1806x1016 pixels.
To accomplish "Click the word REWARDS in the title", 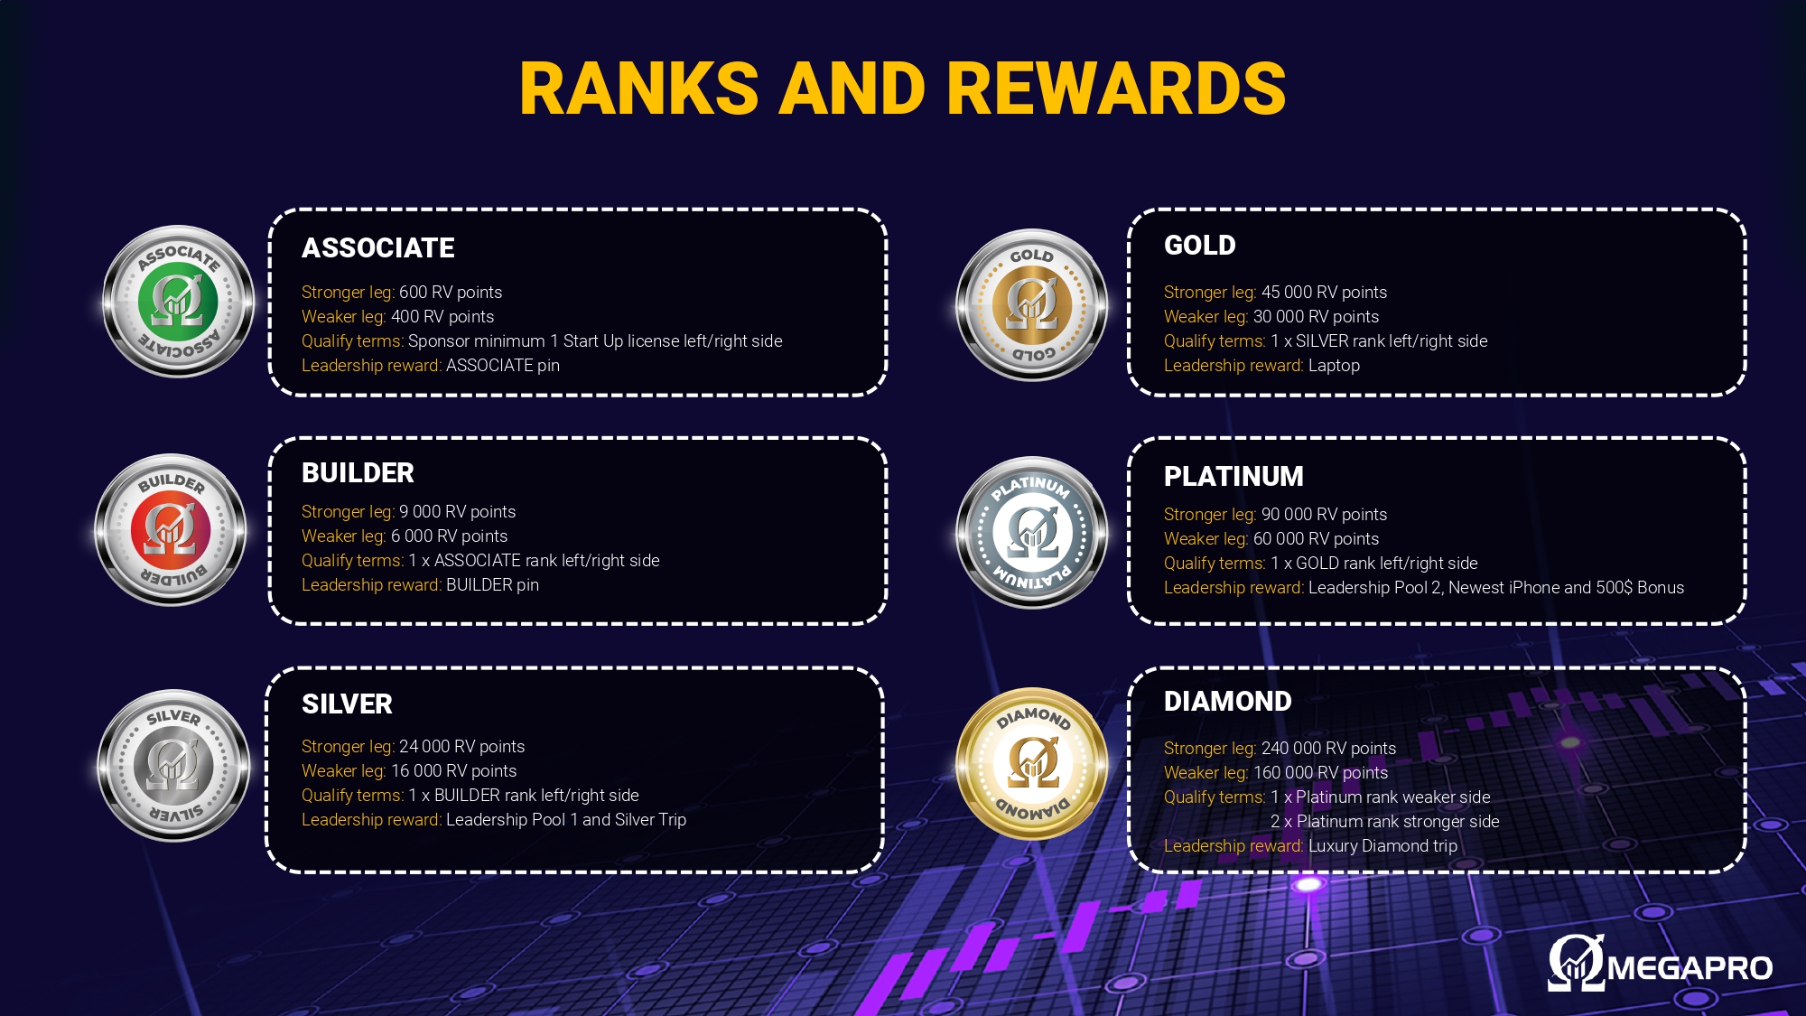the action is pyautogui.click(x=1116, y=89).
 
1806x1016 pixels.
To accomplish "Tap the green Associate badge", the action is pyautogui.click(x=179, y=302).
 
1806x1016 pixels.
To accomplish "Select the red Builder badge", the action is pyautogui.click(x=171, y=530).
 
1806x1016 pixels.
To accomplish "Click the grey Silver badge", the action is pyautogui.click(x=173, y=766).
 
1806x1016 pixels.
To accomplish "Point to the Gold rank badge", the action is pyautogui.click(x=1032, y=305).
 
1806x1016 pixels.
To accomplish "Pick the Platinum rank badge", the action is pyautogui.click(x=1032, y=533).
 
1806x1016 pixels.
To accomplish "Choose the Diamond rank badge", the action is pyautogui.click(x=1032, y=764).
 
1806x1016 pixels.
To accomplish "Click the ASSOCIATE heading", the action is pyautogui.click(x=378, y=248).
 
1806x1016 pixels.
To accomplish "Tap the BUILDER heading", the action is pyautogui.click(x=358, y=473).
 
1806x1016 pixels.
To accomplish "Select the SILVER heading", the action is pyautogui.click(x=347, y=704).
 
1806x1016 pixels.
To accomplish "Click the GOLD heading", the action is pyautogui.click(x=1200, y=246).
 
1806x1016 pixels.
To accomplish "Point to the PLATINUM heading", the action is pyautogui.click(x=1233, y=477).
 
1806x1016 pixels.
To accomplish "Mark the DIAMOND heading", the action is pyautogui.click(x=1228, y=702).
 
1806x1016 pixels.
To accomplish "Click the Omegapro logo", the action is pyautogui.click(x=1660, y=963).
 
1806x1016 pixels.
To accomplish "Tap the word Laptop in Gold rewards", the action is pyautogui.click(x=1334, y=366).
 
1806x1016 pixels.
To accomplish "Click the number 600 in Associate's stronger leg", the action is pyautogui.click(x=413, y=293).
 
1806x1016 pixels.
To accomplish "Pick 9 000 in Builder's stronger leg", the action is pyautogui.click(x=420, y=512).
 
